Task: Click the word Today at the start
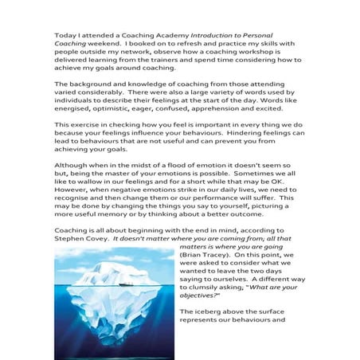[x=65, y=36]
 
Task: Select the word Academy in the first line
[x=166, y=36]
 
